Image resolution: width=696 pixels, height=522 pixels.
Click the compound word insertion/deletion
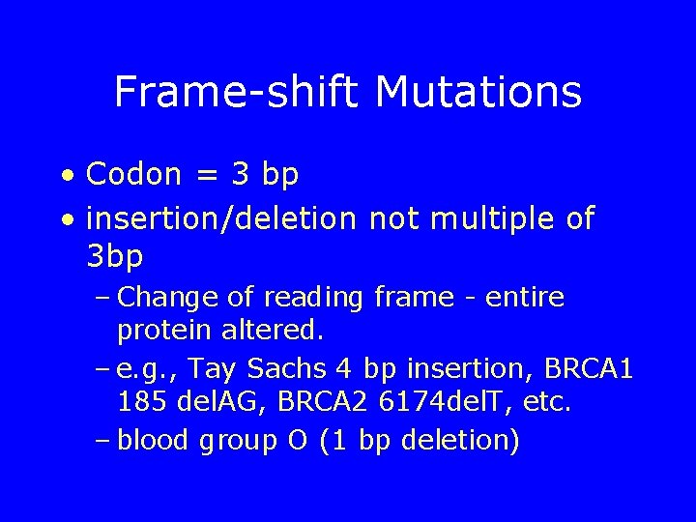[221, 218]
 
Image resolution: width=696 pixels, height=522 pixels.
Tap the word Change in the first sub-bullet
[170, 297]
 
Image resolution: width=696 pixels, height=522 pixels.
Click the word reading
[317, 298]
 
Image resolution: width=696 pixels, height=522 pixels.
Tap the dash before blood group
[102, 441]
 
